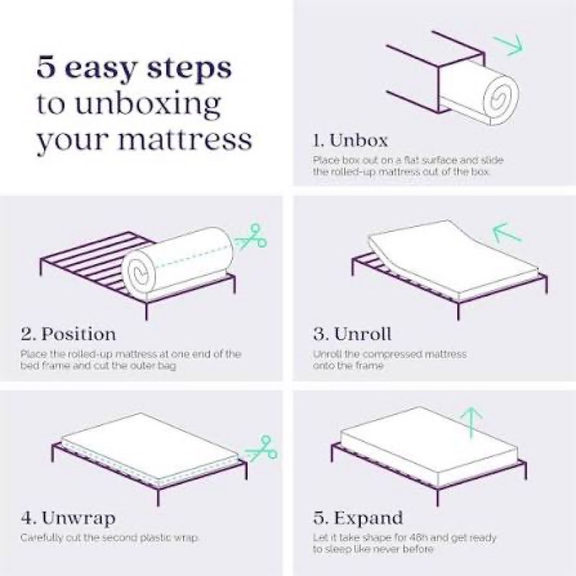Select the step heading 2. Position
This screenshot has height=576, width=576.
pyautogui.click(x=68, y=334)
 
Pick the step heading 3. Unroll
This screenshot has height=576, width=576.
pyautogui.click(x=353, y=334)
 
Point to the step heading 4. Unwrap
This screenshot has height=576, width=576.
pyautogui.click(x=68, y=518)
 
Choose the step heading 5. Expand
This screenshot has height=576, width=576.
pyautogui.click(x=359, y=518)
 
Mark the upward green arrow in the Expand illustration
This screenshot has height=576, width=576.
pyautogui.click(x=471, y=423)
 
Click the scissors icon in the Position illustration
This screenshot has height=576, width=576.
pyautogui.click(x=251, y=235)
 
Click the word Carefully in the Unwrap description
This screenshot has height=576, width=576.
pyautogui.click(x=42, y=538)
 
